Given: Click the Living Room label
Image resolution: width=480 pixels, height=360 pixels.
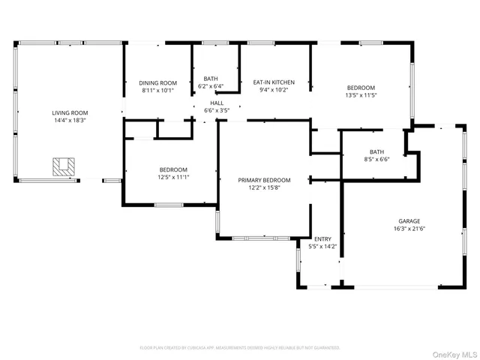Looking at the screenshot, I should pyautogui.click(x=70, y=112).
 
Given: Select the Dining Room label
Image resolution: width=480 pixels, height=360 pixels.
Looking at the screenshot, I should pyautogui.click(x=157, y=82).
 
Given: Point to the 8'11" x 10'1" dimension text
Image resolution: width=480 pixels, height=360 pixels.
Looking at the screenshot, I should pyautogui.click(x=157, y=90).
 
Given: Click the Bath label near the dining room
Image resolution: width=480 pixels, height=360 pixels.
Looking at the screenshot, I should pyautogui.click(x=211, y=79).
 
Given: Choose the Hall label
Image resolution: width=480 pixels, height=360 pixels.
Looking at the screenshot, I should pyautogui.click(x=217, y=103).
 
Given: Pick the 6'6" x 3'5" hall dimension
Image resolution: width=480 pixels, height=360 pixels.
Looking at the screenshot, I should pyautogui.click(x=217, y=110).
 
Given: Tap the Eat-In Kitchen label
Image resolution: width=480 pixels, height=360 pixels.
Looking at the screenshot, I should pyautogui.click(x=273, y=82).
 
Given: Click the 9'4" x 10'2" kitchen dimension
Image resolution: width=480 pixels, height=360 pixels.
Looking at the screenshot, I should pyautogui.click(x=273, y=89).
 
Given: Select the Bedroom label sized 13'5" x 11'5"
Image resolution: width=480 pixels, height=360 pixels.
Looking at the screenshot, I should pyautogui.click(x=360, y=88).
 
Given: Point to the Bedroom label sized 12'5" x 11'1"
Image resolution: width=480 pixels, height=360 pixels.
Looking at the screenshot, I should pyautogui.click(x=173, y=169).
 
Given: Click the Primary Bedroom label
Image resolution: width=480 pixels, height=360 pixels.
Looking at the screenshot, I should pyautogui.click(x=264, y=180).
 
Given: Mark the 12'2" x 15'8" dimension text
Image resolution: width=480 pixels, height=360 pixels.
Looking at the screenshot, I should pyautogui.click(x=264, y=187).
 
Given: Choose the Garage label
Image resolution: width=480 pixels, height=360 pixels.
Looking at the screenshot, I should pyautogui.click(x=409, y=220).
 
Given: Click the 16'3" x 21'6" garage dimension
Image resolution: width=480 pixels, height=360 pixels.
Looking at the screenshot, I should pyautogui.click(x=409, y=228).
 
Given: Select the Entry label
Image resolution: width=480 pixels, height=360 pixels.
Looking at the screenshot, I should pyautogui.click(x=322, y=238).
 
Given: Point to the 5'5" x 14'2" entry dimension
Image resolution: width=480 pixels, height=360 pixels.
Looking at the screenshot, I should pyautogui.click(x=322, y=246).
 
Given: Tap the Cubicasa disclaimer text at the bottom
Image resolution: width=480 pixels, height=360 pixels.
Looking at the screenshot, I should pyautogui.click(x=240, y=347).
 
